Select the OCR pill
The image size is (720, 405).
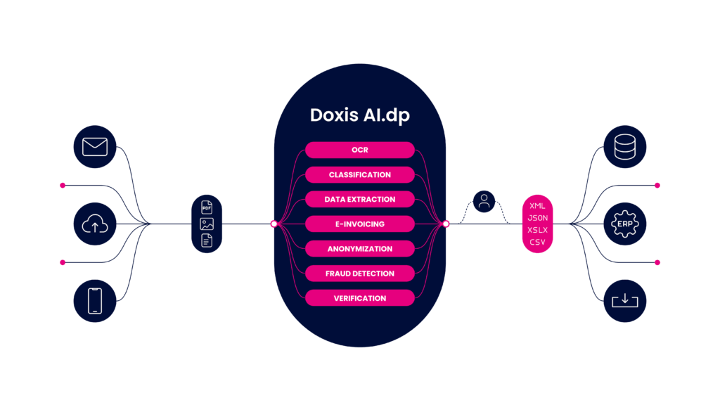(x=359, y=150)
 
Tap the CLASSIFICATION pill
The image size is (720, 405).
(x=359, y=174)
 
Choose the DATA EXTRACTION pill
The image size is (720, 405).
(x=359, y=199)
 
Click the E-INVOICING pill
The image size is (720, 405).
(x=359, y=224)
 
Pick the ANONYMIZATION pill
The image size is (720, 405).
(x=359, y=249)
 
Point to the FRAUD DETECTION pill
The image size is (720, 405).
(x=359, y=274)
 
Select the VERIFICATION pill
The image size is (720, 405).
(x=359, y=298)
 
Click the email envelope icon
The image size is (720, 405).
(x=95, y=147)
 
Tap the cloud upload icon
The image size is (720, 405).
(x=95, y=224)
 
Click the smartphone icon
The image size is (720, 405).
(x=95, y=301)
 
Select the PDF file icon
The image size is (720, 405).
(x=207, y=208)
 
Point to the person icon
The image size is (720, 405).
(x=484, y=202)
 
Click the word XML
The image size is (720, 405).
(x=537, y=206)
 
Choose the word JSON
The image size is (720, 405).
(x=537, y=218)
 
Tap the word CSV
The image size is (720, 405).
(x=537, y=242)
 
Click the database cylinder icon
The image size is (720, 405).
(x=624, y=147)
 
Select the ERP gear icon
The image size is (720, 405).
(x=624, y=224)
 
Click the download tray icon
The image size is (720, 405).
(x=624, y=301)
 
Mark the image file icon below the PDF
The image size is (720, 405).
(x=207, y=224)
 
